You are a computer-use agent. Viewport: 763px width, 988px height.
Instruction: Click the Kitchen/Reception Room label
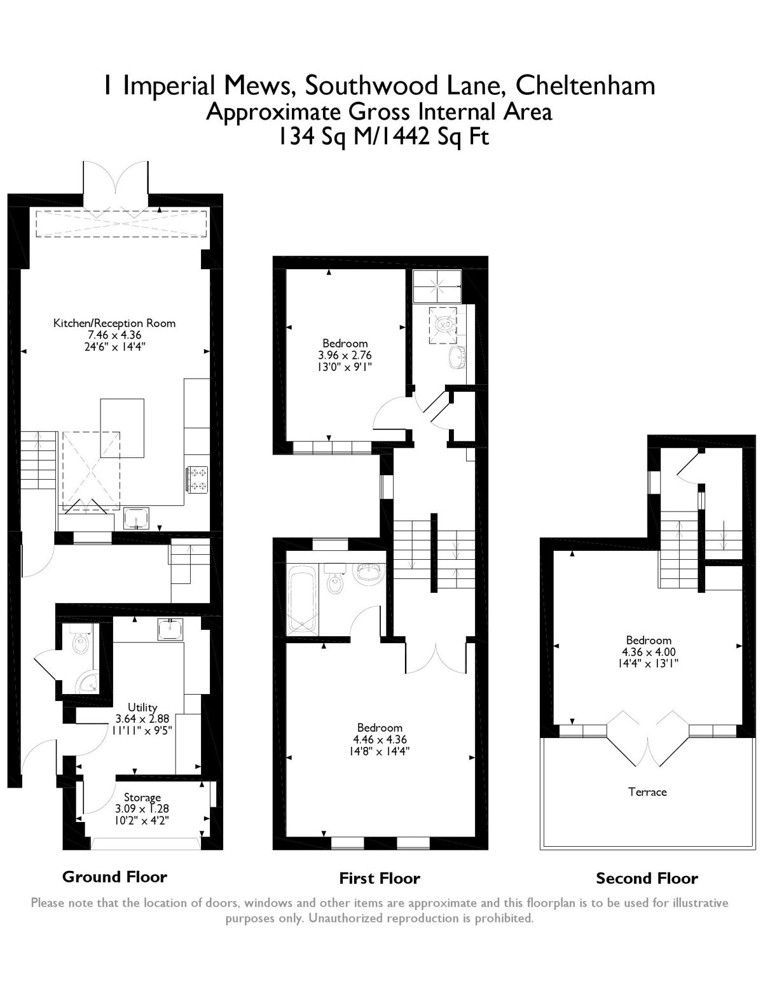pyautogui.click(x=114, y=323)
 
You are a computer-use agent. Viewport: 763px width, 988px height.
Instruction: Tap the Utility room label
pyautogui.click(x=142, y=707)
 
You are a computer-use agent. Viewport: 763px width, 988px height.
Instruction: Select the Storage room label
pyautogui.click(x=142, y=797)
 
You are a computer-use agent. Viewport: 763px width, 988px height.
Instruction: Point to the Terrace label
pyautogui.click(x=647, y=791)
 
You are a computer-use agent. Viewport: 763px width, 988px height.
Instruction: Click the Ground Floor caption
pyautogui.click(x=114, y=877)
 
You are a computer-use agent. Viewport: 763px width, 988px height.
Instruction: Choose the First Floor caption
pyautogui.click(x=380, y=879)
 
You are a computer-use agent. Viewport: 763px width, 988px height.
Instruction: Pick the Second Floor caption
pyautogui.click(x=647, y=879)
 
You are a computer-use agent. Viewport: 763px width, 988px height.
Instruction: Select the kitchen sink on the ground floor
pyautogui.click(x=135, y=518)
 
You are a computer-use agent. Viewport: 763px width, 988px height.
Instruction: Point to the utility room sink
pyautogui.click(x=170, y=629)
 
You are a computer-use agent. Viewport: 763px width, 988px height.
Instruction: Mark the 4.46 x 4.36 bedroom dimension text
pyautogui.click(x=380, y=739)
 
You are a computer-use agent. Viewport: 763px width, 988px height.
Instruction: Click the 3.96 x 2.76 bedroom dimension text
pyautogui.click(x=345, y=355)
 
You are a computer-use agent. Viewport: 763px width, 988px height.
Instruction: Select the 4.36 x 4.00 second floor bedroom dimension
pyautogui.click(x=648, y=651)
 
